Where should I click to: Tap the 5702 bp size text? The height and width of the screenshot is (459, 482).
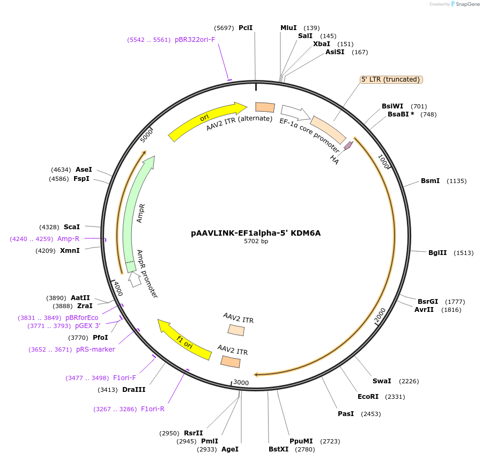[256, 242]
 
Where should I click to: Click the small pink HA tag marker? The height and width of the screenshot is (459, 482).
[348, 145]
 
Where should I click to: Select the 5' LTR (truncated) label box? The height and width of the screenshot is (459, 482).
[391, 79]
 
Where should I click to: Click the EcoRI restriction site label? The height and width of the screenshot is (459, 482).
[368, 397]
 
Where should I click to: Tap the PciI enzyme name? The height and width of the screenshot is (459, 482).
[246, 27]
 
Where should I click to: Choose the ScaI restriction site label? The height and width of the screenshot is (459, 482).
[71, 227]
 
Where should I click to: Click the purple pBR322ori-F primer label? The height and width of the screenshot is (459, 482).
[195, 40]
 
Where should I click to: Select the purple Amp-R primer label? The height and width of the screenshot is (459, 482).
[68, 239]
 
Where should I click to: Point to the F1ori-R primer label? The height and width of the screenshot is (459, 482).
[153, 409]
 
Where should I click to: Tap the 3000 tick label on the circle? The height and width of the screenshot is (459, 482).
[241, 382]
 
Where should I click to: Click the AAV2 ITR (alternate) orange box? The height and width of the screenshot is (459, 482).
[265, 107]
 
